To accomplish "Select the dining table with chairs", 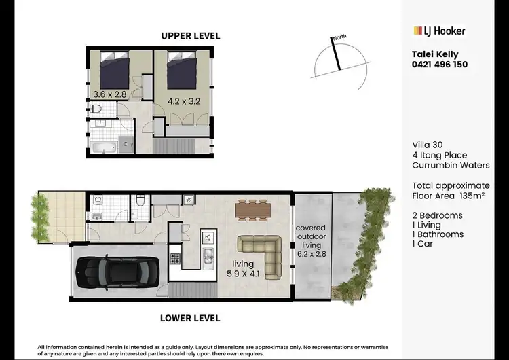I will [x=253, y=210].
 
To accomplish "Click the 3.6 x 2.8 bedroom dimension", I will [x=109, y=94].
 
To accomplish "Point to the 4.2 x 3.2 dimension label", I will [x=185, y=102].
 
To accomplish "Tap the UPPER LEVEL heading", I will [x=191, y=35].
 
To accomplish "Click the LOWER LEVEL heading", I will [x=190, y=317].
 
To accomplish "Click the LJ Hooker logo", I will [x=439, y=31].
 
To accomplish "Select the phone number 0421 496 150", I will [x=440, y=65].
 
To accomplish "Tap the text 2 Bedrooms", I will [x=438, y=215].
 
